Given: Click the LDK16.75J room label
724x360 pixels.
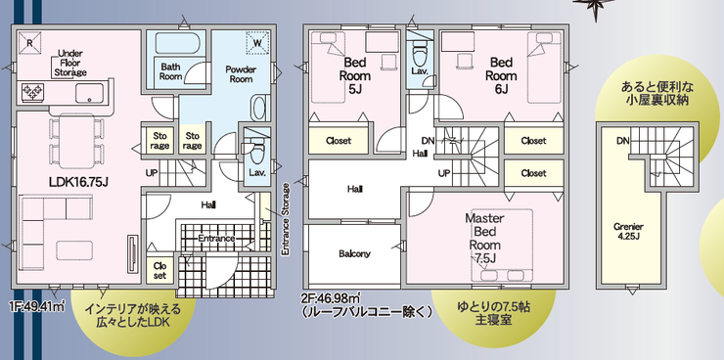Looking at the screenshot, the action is tap(78, 183).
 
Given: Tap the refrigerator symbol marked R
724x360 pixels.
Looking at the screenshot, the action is tap(29, 42).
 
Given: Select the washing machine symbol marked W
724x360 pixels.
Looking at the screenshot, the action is tap(257, 42).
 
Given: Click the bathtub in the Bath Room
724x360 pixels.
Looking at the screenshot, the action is tap(177, 43).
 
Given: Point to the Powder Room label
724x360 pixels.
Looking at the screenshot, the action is tap(241, 74).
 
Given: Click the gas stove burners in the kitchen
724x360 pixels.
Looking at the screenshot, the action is tap(32, 91).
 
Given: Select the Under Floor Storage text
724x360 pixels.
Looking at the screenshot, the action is tap(70, 63).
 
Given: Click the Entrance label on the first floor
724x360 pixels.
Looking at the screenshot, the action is tap(216, 239).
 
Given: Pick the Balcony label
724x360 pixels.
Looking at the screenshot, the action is tap(354, 253).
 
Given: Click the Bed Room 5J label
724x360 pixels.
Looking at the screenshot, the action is tap(355, 75).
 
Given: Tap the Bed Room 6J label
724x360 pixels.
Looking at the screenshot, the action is tap(501, 75).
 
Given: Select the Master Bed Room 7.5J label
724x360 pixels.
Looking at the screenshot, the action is tap(484, 238).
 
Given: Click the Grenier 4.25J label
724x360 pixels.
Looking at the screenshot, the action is tap(628, 231).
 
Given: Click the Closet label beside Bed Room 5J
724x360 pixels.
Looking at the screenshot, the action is tap(339, 141).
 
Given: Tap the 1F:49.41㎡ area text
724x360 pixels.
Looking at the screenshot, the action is tap(36, 305).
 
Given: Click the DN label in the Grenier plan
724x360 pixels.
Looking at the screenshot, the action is tap(622, 141).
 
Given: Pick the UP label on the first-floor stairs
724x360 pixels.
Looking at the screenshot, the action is tap(152, 174).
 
